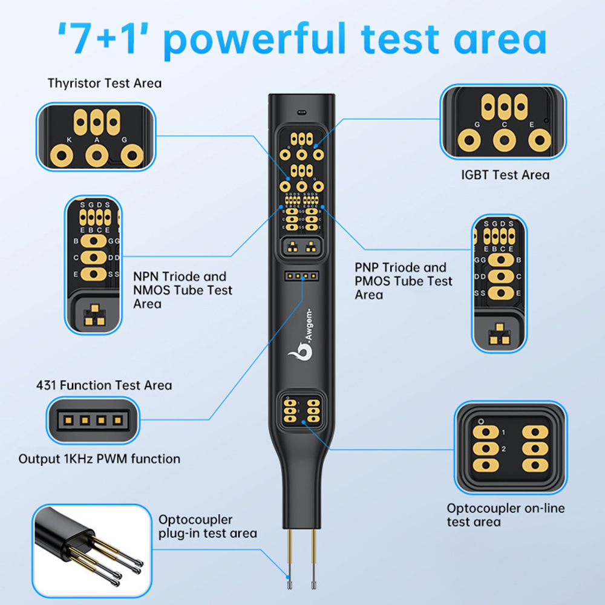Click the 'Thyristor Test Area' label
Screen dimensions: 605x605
tap(105, 83)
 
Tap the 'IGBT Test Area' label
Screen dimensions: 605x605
tap(505, 175)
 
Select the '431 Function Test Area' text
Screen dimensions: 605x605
tap(104, 385)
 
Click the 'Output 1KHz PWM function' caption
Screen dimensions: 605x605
tap(99, 459)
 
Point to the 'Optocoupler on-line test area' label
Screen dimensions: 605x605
tap(506, 514)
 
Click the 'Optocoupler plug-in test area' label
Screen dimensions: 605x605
tap(208, 526)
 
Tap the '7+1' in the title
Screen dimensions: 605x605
tap(106, 39)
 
